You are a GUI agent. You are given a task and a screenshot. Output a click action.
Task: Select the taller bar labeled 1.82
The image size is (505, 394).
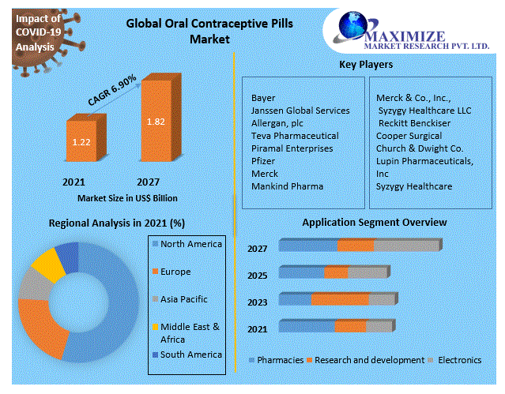[x=155, y=122]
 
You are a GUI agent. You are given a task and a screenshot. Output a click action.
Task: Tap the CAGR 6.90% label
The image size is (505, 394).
[x=111, y=90]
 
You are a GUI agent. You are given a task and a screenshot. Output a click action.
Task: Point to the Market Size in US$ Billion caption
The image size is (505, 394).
[x=127, y=197]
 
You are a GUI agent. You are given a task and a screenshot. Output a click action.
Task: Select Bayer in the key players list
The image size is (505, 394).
[x=263, y=98]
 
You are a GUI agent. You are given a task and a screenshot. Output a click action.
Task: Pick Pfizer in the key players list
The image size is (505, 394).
[x=264, y=160]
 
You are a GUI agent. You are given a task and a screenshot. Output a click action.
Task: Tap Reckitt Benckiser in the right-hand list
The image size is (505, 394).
[x=414, y=123]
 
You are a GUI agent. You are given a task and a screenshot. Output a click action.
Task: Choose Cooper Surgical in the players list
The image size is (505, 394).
[x=410, y=136]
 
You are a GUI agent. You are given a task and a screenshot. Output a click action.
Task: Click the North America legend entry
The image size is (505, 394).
[x=190, y=244]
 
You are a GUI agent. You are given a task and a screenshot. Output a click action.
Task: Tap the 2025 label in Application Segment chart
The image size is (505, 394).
[x=257, y=276]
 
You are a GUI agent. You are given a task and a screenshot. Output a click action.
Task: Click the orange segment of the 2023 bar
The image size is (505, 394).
[x=340, y=299]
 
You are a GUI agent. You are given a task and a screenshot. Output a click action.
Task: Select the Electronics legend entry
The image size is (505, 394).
[x=458, y=360]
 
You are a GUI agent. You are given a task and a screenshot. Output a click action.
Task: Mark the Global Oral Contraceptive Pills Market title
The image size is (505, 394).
[x=209, y=30]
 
